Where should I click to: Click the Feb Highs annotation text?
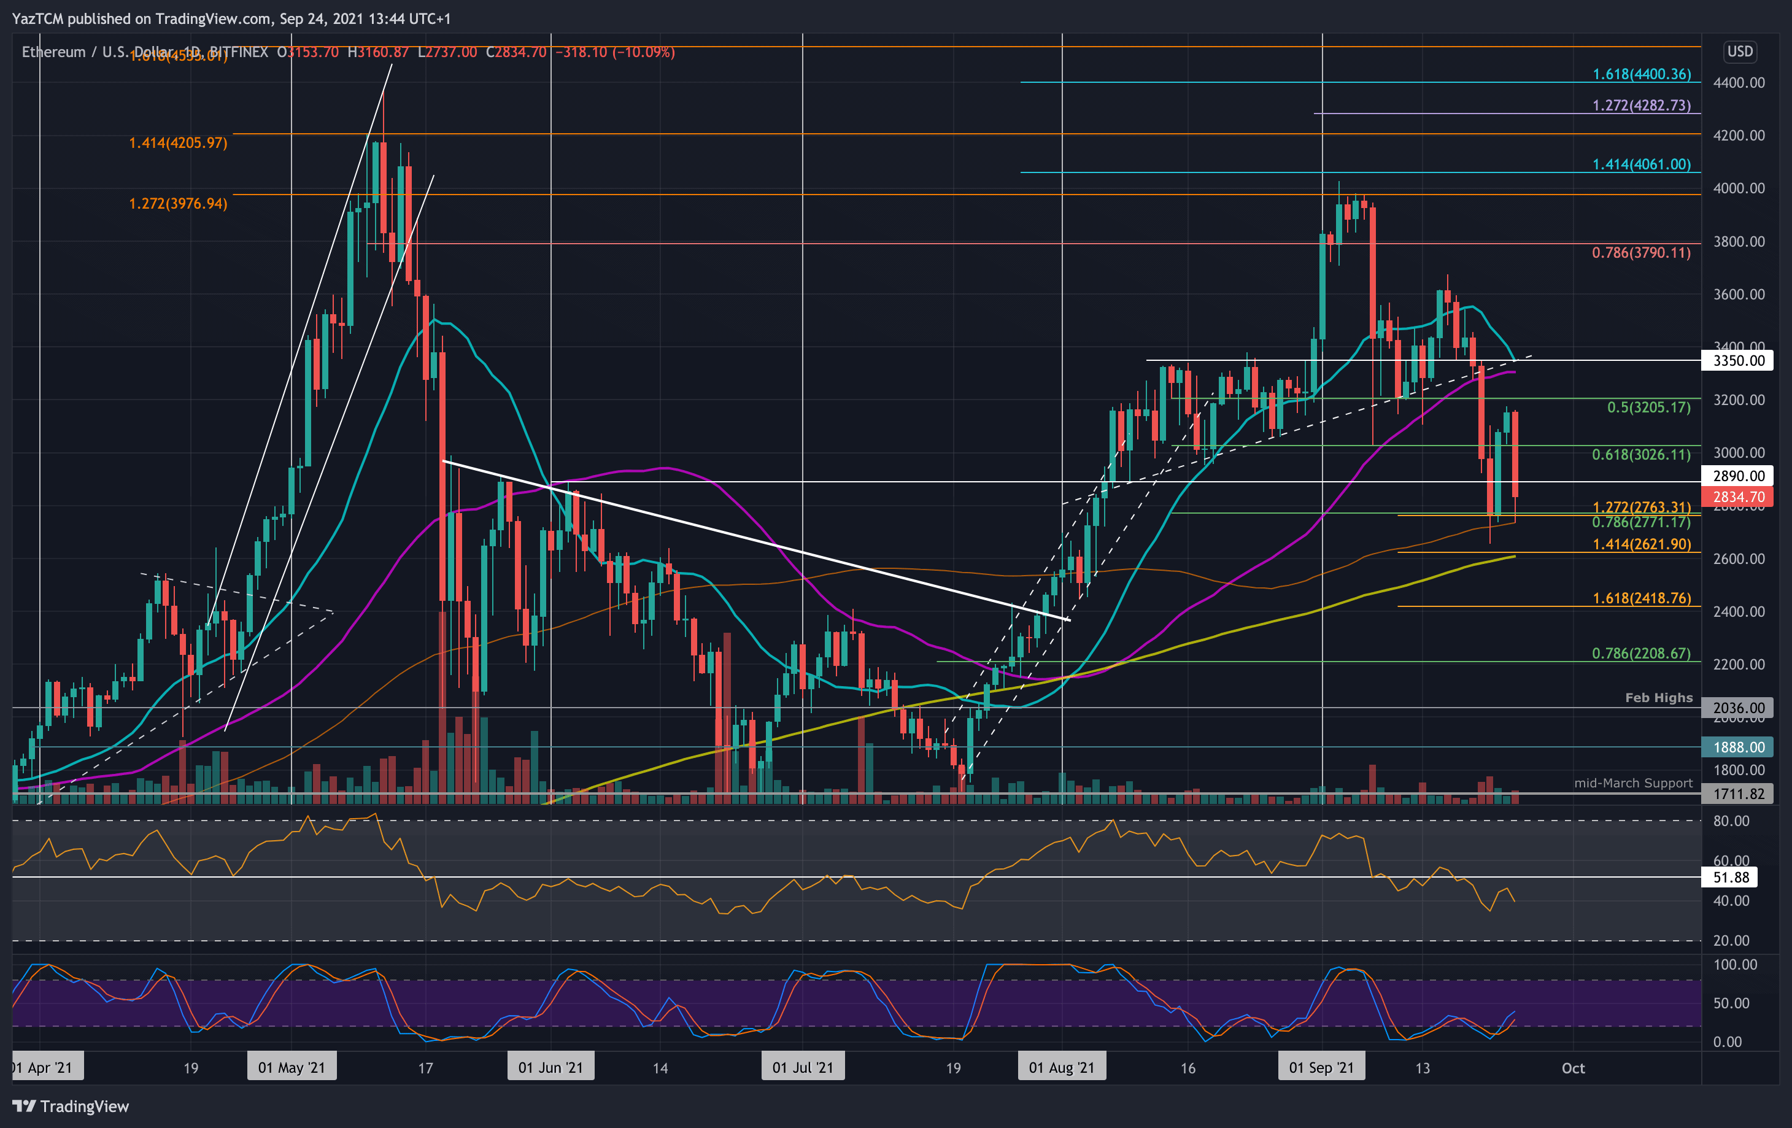1658,698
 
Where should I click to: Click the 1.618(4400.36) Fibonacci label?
1641,74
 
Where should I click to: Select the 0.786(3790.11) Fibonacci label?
1641,253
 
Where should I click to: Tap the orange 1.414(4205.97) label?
178,143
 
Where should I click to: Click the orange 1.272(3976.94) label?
178,204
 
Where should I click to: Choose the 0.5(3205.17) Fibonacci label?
1648,408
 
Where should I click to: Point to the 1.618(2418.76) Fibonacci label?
1641,598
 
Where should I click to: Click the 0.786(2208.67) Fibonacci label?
1641,653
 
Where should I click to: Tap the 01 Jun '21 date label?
550,1068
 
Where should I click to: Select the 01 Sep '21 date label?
1322,1068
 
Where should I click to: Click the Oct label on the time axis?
1572,1068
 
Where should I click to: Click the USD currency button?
1739,52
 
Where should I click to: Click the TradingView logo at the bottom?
71,1107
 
